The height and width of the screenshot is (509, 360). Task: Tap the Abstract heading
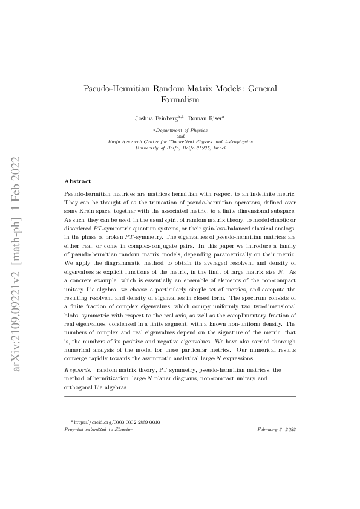pos(77,181)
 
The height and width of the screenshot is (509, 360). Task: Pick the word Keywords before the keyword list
pos(78,368)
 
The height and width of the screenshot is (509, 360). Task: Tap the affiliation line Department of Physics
pos(180,130)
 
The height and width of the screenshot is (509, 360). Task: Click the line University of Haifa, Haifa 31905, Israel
pos(180,147)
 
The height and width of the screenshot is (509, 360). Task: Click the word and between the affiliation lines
pos(180,136)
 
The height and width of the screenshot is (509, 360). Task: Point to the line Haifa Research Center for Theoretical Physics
pos(180,141)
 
